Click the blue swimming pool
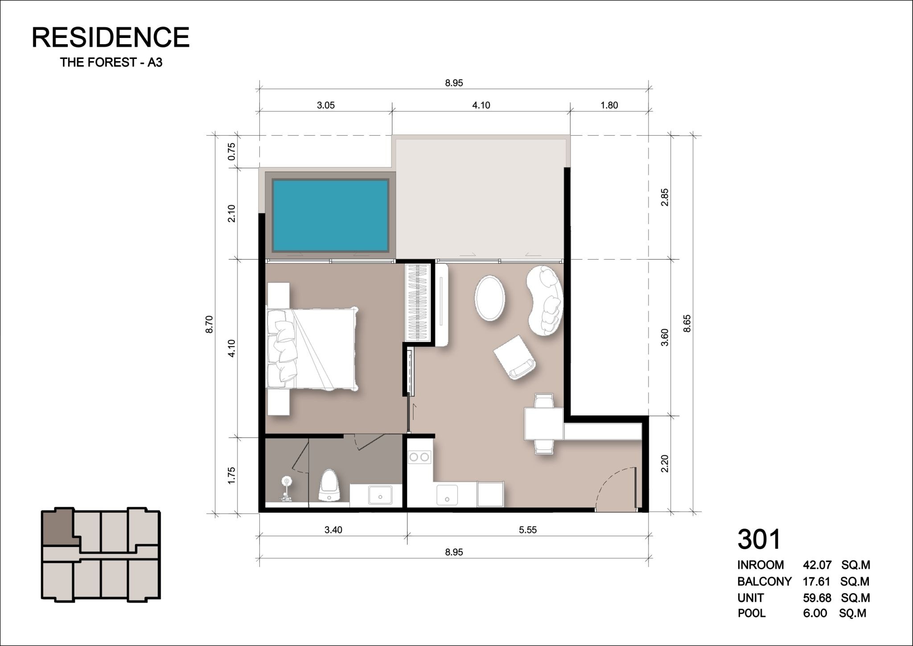(x=330, y=215)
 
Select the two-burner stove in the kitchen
(x=419, y=457)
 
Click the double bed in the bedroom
(x=312, y=348)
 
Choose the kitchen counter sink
(x=447, y=495)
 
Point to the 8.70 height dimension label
(x=210, y=324)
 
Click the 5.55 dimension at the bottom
(x=528, y=530)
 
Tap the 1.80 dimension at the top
(x=609, y=105)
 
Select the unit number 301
(x=760, y=539)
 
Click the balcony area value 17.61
(x=817, y=581)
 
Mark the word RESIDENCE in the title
(x=111, y=37)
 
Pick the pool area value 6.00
(x=815, y=613)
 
